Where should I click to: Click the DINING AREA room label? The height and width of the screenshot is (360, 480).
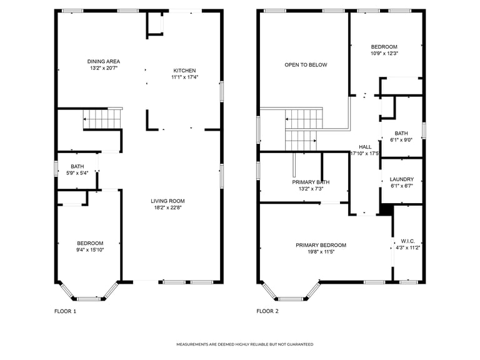coord(104,61)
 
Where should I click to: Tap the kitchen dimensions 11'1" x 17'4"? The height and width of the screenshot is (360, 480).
coord(184,77)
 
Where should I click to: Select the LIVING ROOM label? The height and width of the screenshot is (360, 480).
coord(167,201)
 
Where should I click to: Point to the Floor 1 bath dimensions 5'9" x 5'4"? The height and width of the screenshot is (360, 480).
coord(77,173)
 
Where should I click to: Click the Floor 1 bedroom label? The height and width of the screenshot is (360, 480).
coord(90,243)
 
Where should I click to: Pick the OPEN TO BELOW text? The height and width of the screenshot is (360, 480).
coord(306,65)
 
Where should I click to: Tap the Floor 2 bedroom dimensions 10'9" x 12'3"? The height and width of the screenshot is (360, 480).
coord(384,53)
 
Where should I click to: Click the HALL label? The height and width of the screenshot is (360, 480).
coord(365,147)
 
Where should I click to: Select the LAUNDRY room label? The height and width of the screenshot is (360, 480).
coord(402,179)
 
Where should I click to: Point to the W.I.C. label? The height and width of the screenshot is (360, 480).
coord(407,241)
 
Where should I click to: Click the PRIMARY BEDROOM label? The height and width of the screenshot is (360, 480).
coord(321,245)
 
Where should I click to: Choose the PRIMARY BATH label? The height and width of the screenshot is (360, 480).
coord(311,182)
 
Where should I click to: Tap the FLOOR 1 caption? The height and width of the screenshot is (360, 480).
coord(65,311)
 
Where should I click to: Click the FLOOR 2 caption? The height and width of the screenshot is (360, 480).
coord(267,311)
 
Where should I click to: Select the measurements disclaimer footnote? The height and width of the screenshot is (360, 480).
coord(245,344)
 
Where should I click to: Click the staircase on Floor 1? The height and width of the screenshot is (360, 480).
coord(103,119)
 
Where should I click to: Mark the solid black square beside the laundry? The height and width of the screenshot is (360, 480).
coord(386,210)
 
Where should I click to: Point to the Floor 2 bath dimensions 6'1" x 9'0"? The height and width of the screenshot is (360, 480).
coord(401,140)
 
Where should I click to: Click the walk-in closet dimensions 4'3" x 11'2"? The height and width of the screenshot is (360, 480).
coord(407,248)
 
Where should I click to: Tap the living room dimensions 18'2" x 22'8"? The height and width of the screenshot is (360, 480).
coord(167,208)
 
